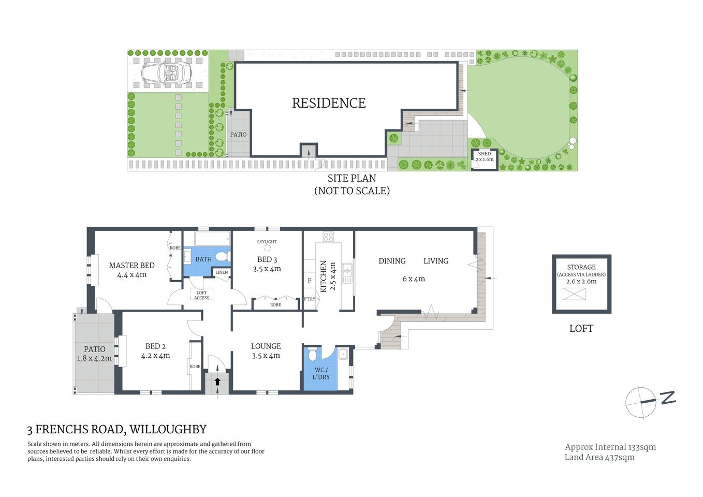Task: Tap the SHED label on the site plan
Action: (x=485, y=154)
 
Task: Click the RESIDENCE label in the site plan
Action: (x=329, y=103)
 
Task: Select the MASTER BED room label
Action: (x=131, y=266)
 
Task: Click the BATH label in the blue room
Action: (x=203, y=259)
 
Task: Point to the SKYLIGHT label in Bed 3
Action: (x=267, y=242)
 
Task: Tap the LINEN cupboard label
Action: (x=222, y=272)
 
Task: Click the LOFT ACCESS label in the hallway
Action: (x=201, y=295)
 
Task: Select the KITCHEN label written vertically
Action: (x=324, y=276)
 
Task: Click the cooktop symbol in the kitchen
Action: (x=328, y=237)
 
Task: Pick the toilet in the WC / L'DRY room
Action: (x=312, y=355)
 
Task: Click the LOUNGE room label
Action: (x=266, y=346)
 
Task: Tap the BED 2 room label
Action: (x=155, y=346)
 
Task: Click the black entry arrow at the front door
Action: (x=217, y=382)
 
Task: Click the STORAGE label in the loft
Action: (x=581, y=267)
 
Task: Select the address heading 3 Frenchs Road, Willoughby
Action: (x=117, y=429)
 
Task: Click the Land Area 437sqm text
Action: (x=599, y=457)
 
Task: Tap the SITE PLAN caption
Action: (x=352, y=178)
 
